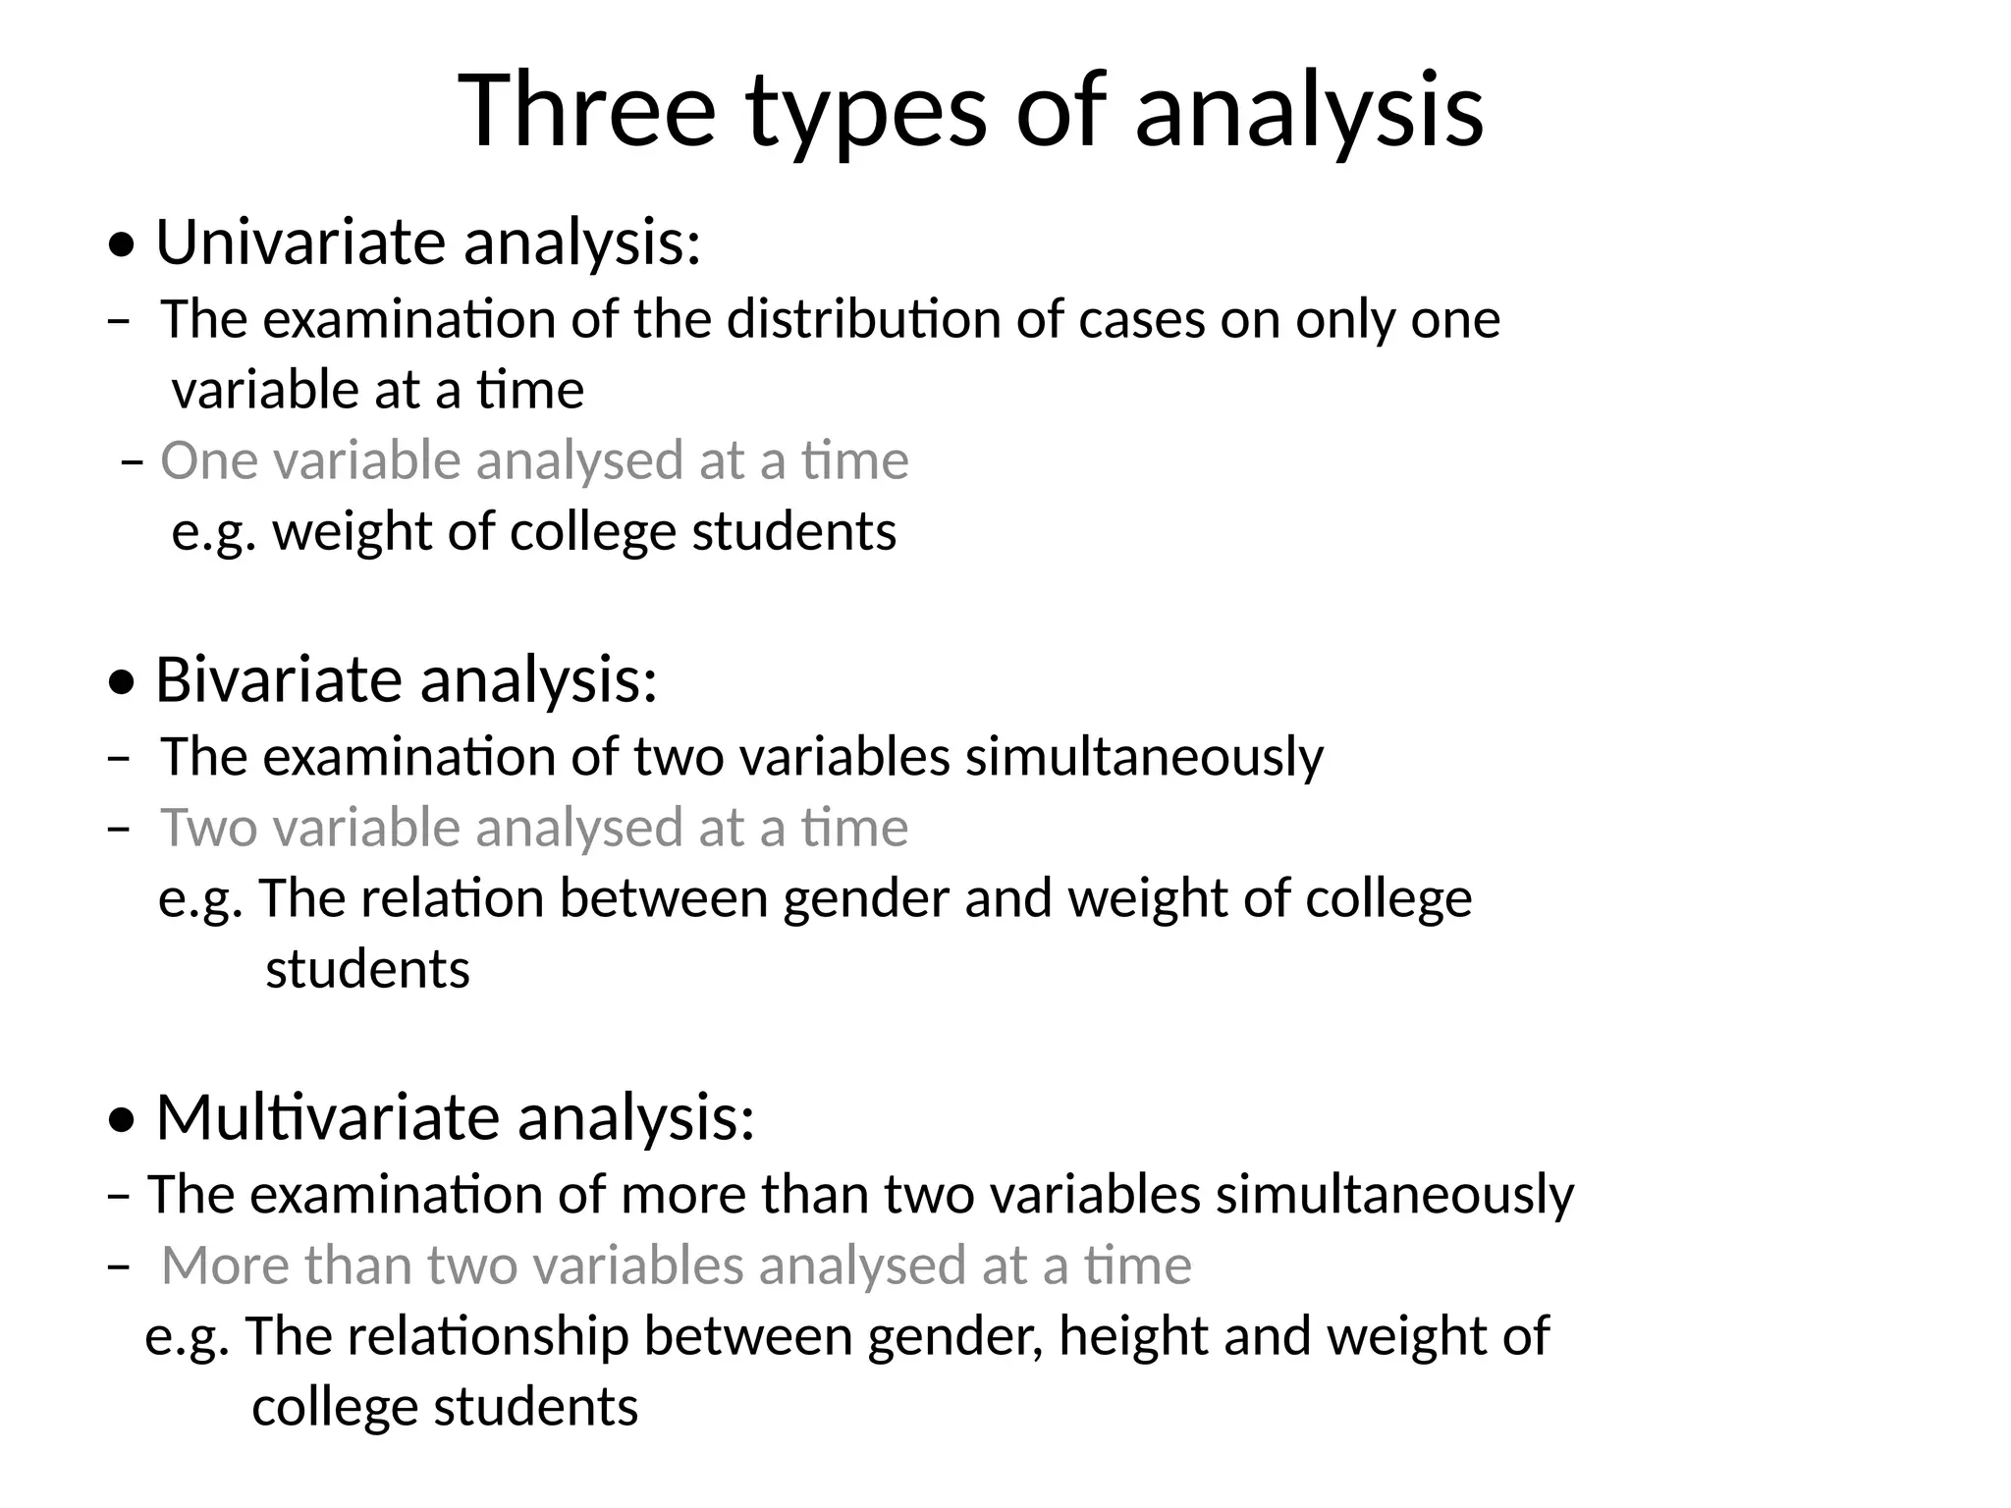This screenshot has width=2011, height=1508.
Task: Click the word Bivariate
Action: tap(279, 679)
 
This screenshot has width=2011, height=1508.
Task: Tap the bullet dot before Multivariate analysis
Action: tap(122, 1122)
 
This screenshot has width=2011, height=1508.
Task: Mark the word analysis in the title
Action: tap(1308, 111)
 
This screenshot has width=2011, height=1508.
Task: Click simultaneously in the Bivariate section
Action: tap(1144, 757)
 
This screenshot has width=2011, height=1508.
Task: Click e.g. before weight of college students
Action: tap(214, 533)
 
